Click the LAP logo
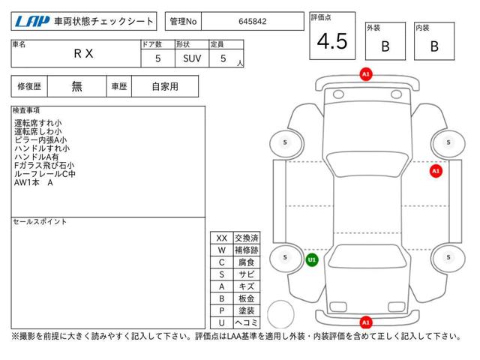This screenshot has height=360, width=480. tap(31, 22)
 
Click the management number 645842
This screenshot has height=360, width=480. tap(253, 22)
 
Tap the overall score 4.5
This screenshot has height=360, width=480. tap(332, 41)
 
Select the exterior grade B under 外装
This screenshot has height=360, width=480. tap(385, 46)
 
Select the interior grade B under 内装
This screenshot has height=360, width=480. tap(434, 46)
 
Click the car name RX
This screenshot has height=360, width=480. tap(83, 53)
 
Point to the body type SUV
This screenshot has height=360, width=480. tap(192, 58)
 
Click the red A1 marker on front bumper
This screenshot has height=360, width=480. tap(366, 74)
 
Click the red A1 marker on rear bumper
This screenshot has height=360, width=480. tap(366, 322)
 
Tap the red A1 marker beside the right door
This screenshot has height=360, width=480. tap(436, 171)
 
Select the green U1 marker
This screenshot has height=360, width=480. tap(312, 260)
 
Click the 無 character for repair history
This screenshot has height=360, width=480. tap(76, 86)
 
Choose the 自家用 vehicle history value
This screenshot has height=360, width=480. tap(165, 87)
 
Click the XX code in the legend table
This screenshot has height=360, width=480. tap(222, 238)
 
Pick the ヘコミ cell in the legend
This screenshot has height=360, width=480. tap(247, 322)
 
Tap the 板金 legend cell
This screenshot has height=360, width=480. tap(247, 298)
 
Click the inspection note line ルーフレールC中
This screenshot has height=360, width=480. tap(45, 174)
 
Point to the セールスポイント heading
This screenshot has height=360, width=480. tap(40, 222)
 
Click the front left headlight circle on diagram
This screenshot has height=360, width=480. tap(338, 94)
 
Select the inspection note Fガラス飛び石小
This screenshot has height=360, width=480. tap(44, 165)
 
